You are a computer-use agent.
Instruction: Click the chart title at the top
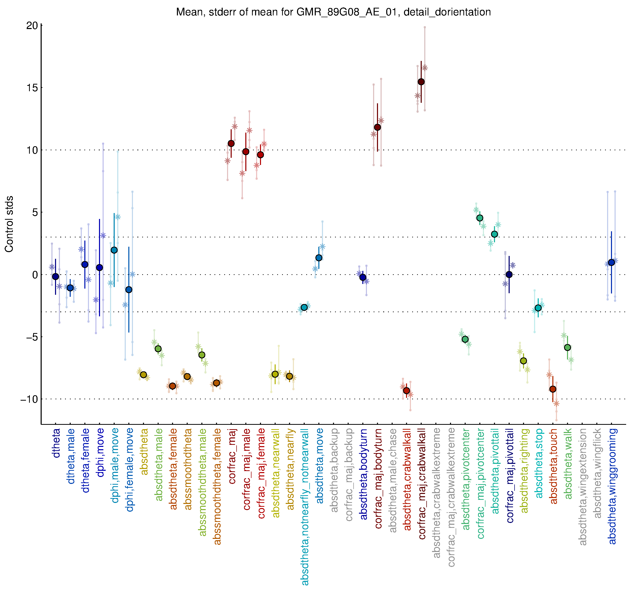tap(333, 12)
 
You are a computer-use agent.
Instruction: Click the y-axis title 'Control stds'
tap(9, 224)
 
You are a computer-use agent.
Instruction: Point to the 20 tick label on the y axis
tap(32, 26)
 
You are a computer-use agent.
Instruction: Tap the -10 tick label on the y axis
tap(29, 399)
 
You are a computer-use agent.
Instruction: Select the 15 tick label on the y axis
tap(32, 88)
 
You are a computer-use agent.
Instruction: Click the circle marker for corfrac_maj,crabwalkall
tap(421, 82)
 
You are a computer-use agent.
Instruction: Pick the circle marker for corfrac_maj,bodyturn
tap(377, 127)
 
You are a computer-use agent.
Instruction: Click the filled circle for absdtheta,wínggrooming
tap(611, 263)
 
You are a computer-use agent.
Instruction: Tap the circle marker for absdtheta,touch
tap(553, 389)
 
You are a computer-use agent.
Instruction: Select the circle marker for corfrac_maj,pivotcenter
tap(480, 218)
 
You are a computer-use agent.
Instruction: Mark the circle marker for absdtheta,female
tap(172, 386)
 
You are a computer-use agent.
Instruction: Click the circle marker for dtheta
tap(56, 277)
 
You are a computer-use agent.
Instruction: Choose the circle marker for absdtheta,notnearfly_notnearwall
tap(304, 308)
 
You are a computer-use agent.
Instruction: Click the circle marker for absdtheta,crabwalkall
tap(407, 391)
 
